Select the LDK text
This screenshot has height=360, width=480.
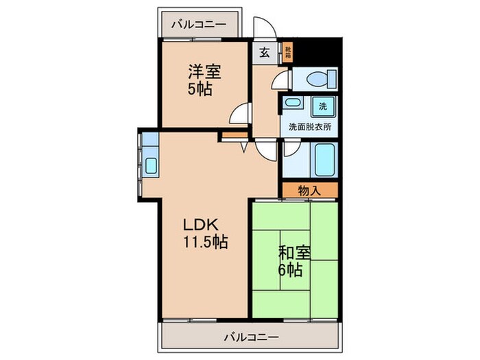(x=200, y=224)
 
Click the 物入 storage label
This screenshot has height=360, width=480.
(x=309, y=191)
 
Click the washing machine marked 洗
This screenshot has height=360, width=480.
(x=323, y=106)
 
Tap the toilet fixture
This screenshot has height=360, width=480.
(x=315, y=80)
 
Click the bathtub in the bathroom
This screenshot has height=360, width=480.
(x=322, y=160)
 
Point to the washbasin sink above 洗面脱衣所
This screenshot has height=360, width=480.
(x=292, y=105)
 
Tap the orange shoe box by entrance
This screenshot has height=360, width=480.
(x=288, y=51)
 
